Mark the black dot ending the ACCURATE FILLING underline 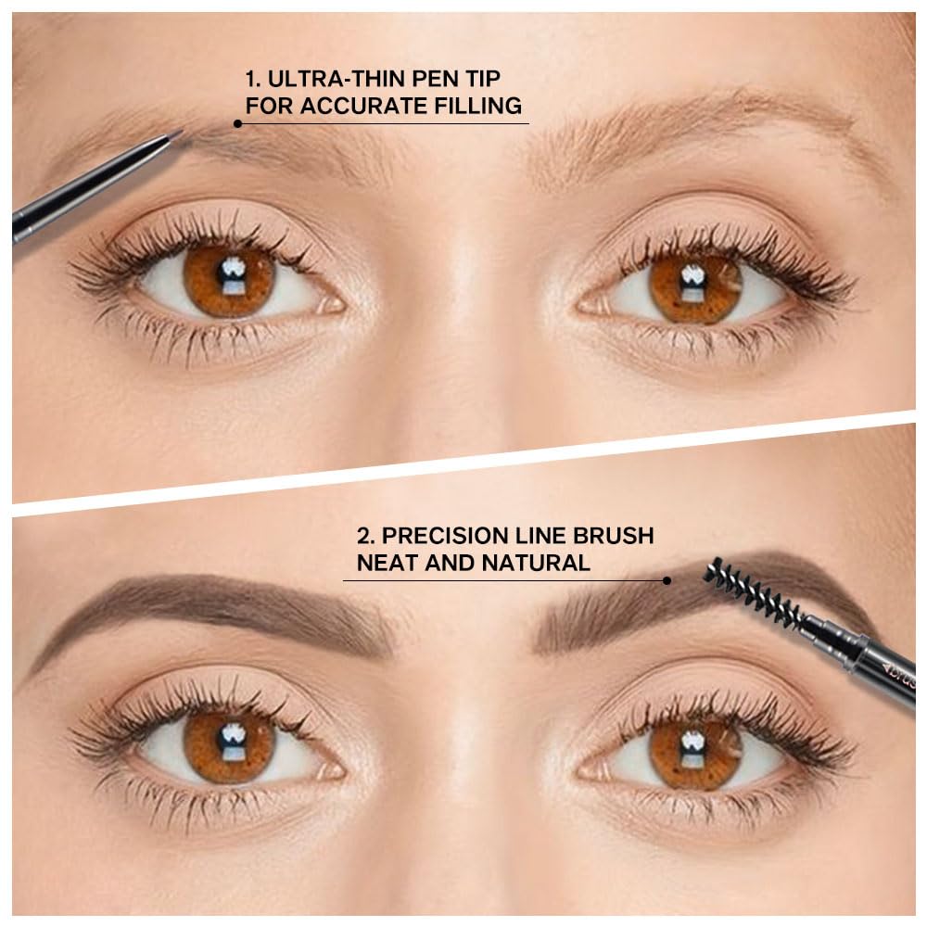(238, 122)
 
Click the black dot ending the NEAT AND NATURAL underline (667, 580)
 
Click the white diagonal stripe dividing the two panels (463, 464)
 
